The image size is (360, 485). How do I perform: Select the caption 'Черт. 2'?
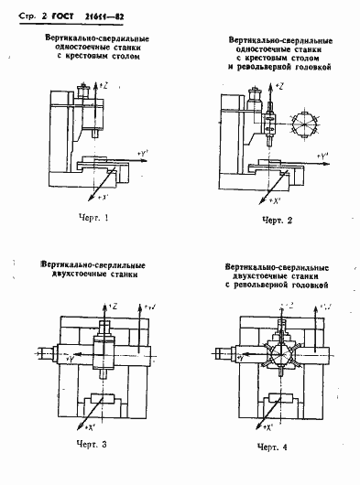point(278,221)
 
